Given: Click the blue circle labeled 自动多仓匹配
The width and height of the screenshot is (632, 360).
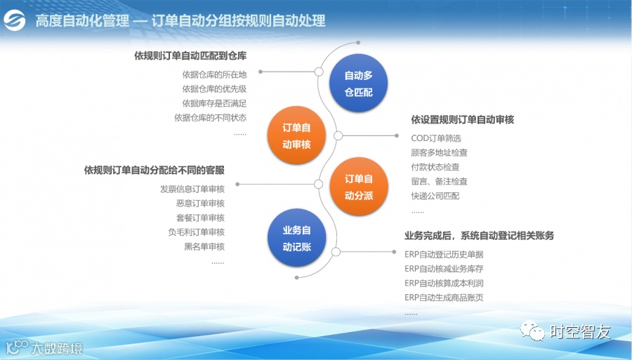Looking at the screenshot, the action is (358, 84).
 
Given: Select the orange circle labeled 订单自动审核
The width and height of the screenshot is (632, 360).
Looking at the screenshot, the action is (296, 136).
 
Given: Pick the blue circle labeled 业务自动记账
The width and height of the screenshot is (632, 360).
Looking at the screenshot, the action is (296, 239).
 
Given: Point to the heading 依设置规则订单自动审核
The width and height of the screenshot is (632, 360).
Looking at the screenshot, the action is (462, 120).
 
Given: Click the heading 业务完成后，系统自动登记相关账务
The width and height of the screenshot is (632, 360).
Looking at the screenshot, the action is (479, 236).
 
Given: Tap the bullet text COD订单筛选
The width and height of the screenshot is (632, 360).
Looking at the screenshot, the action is (436, 138).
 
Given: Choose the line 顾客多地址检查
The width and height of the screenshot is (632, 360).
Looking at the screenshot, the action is (440, 152).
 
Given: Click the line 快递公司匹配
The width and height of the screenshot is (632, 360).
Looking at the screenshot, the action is (435, 196).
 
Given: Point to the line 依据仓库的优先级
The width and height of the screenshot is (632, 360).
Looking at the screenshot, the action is (214, 88).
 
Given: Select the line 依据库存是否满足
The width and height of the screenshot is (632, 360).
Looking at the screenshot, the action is (214, 103).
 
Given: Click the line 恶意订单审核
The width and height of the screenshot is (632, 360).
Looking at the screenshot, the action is (200, 204).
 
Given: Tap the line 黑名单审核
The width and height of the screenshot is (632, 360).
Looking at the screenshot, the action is (204, 246).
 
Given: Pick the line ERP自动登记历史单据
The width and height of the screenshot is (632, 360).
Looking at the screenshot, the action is (444, 254).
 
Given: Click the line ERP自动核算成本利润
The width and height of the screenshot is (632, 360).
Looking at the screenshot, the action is (444, 283).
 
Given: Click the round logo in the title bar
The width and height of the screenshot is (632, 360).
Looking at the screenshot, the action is (15, 20).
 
